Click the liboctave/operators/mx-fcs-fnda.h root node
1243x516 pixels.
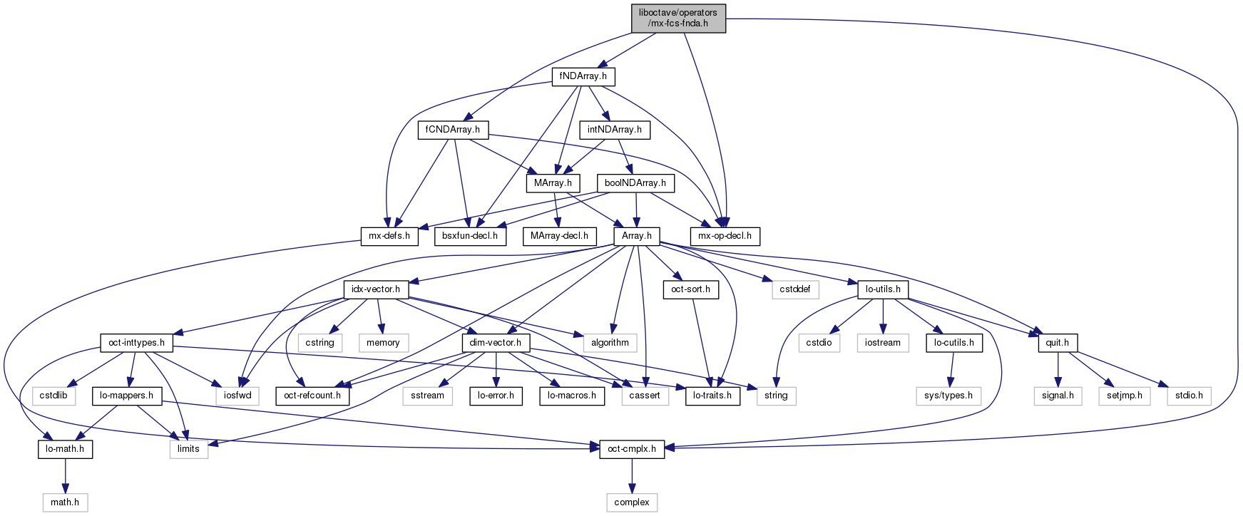tap(677, 18)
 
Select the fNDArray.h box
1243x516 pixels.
tap(583, 76)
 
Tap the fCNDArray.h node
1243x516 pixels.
tap(453, 130)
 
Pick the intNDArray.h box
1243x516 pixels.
tap(614, 130)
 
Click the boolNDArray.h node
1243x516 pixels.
tap(635, 183)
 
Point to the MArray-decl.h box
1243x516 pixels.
tap(559, 235)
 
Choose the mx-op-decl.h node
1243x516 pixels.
tap(725, 235)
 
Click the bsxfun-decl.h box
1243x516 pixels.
tap(470, 235)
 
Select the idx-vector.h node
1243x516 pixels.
tap(376, 289)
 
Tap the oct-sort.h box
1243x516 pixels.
tap(691, 289)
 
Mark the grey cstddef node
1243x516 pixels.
tap(795, 289)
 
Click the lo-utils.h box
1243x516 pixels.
tap(883, 289)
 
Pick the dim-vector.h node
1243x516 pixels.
tap(495, 343)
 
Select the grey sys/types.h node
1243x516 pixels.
tap(948, 395)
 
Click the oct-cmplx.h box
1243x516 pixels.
tap(631, 449)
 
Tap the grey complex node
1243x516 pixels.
tap(632, 502)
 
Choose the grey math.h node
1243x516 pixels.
tap(65, 502)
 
